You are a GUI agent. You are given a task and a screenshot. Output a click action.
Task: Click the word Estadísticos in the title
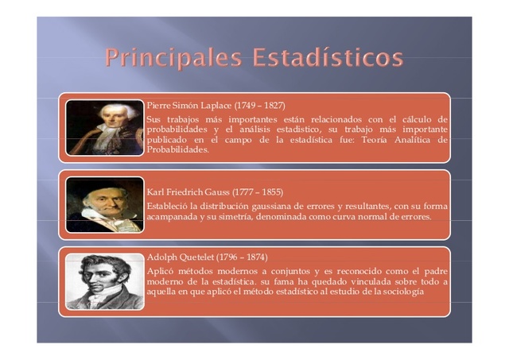pyautogui.click(x=328, y=59)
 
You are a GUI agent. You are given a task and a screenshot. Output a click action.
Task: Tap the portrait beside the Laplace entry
pyautogui.click(x=104, y=127)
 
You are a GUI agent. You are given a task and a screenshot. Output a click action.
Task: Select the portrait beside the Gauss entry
pyautogui.click(x=104, y=204)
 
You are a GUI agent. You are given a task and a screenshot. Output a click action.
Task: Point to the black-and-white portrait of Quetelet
pyautogui.click(x=104, y=281)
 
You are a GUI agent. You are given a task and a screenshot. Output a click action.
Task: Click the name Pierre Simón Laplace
pyautogui.click(x=189, y=106)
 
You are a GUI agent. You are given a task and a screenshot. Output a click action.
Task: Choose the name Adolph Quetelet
pyautogui.click(x=181, y=257)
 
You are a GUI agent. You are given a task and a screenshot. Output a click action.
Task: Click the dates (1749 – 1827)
pyautogui.click(x=259, y=106)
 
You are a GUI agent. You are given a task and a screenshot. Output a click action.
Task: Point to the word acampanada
pyautogui.click(x=173, y=216)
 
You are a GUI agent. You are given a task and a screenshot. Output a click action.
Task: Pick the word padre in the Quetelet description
pyautogui.click(x=433, y=271)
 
